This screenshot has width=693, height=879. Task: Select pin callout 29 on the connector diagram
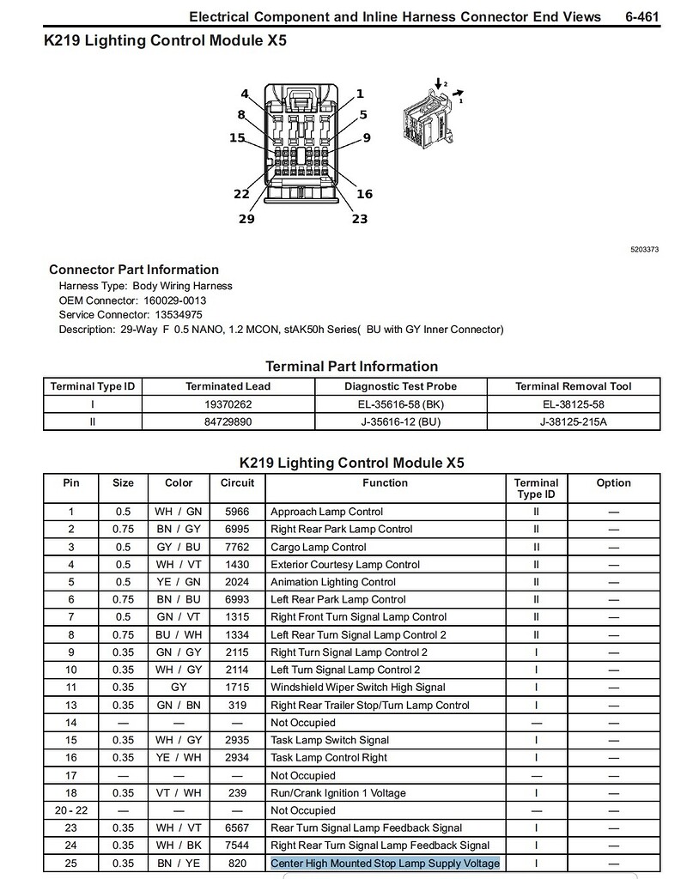point(246,219)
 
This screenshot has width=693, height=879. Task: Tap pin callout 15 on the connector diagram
point(237,138)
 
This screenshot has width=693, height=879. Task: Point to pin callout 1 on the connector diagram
point(360,94)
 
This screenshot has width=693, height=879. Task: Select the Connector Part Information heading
point(134,270)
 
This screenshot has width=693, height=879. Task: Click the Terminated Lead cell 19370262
point(228,404)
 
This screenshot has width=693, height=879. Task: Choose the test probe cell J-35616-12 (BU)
point(400,421)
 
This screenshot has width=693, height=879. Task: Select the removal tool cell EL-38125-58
point(573,404)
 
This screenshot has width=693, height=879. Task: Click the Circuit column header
point(237,483)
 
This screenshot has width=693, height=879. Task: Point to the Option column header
point(613,483)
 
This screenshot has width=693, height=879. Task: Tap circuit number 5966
point(237,512)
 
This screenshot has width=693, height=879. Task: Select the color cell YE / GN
point(179,582)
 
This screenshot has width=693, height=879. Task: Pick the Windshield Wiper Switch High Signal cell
point(358,687)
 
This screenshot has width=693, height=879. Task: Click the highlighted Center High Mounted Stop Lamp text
point(385,863)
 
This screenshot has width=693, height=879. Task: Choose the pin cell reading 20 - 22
point(71,810)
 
